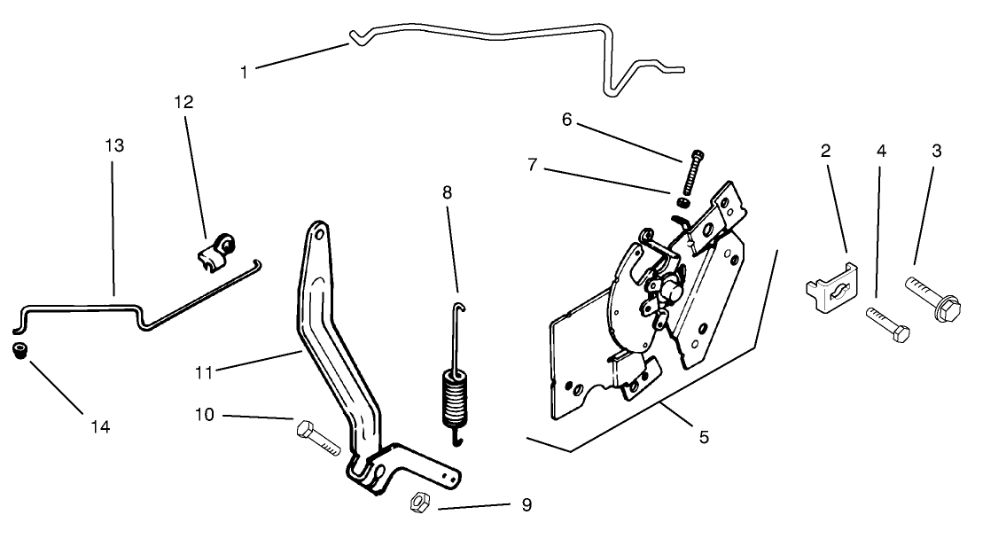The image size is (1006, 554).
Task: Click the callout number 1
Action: tap(245, 72)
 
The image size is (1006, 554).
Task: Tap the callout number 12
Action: tap(183, 102)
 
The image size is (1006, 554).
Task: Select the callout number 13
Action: tap(114, 144)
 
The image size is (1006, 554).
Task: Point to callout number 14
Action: tap(99, 427)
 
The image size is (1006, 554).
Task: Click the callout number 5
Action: tap(704, 436)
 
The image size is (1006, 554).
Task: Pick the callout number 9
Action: tap(526, 505)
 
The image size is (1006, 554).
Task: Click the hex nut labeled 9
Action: tap(419, 503)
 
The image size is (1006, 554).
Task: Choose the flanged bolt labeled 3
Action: tap(932, 299)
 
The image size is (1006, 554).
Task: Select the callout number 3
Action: tap(936, 151)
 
